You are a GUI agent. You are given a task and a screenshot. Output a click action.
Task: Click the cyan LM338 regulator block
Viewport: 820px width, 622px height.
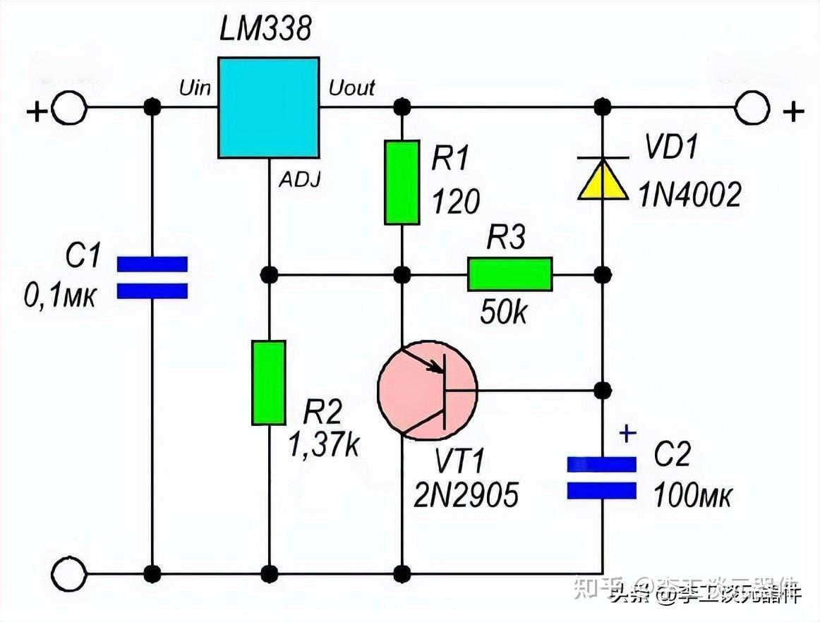click(x=268, y=107)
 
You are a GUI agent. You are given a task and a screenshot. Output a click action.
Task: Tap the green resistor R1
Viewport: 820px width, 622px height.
click(x=402, y=182)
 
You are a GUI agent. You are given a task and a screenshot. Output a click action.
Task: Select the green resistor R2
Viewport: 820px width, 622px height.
click(x=269, y=382)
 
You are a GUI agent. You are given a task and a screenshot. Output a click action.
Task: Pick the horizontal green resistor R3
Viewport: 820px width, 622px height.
click(x=510, y=274)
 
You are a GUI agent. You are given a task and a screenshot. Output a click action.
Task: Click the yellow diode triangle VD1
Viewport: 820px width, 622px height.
click(x=602, y=179)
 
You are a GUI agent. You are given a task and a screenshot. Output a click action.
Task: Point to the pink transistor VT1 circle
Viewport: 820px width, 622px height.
click(x=427, y=389)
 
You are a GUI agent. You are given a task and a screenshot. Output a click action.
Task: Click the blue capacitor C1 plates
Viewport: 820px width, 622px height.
click(x=152, y=277)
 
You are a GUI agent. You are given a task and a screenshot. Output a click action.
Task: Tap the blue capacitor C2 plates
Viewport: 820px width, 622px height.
click(x=602, y=477)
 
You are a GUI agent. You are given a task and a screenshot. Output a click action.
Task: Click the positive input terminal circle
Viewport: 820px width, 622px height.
click(x=70, y=109)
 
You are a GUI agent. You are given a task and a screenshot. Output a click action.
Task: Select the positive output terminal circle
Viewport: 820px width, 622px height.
click(x=752, y=109)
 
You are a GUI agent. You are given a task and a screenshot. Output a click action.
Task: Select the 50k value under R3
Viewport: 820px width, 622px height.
click(x=503, y=311)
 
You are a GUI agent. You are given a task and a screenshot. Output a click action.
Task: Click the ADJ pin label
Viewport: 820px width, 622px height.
click(x=299, y=181)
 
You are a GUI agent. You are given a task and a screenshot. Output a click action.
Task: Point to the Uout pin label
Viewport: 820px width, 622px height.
click(x=351, y=88)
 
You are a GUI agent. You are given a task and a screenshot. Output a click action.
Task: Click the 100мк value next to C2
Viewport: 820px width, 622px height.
click(x=693, y=496)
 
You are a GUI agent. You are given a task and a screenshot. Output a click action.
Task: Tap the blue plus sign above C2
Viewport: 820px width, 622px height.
click(x=627, y=432)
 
